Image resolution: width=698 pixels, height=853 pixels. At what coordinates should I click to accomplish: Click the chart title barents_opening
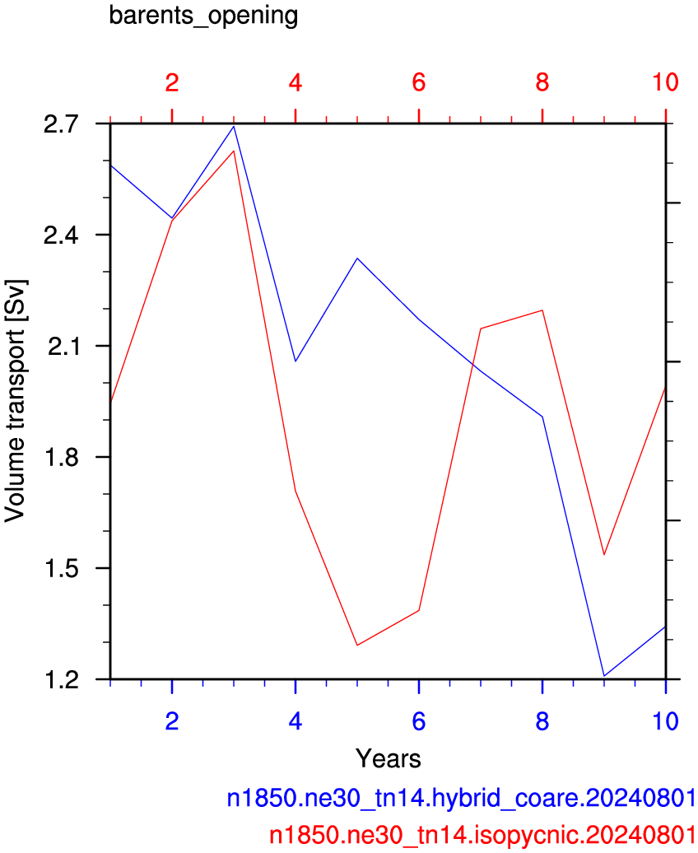point(203,16)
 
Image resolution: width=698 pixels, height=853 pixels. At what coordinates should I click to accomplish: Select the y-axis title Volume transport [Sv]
point(16,402)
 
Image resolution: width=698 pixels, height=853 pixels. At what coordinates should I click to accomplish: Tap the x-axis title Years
point(388,758)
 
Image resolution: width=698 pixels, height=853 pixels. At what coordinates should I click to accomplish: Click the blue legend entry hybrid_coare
point(461,798)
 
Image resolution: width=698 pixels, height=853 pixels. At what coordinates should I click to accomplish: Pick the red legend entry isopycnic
point(482,835)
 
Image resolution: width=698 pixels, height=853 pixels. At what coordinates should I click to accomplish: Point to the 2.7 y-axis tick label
point(62,124)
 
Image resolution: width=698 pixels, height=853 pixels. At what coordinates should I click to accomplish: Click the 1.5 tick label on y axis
point(62,568)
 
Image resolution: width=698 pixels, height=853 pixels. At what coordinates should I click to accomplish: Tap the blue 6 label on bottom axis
point(418,721)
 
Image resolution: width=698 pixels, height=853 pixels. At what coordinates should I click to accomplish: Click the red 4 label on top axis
point(295,82)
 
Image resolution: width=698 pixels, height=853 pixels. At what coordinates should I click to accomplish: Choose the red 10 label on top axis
point(665,82)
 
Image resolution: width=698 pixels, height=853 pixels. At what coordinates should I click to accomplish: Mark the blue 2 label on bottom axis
point(172,721)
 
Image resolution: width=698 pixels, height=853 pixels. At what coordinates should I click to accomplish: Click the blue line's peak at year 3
point(234,126)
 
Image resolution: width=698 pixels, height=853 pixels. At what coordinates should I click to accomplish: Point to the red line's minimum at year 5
point(357,646)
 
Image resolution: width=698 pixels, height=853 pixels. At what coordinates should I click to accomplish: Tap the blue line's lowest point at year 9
point(604,676)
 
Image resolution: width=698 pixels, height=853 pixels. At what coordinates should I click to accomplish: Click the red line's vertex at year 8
point(542,310)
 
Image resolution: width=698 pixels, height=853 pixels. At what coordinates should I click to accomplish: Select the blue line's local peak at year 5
point(357,259)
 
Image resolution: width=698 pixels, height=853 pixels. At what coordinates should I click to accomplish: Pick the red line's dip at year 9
point(604,554)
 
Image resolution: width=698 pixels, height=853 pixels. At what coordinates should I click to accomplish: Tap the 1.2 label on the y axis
point(62,680)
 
